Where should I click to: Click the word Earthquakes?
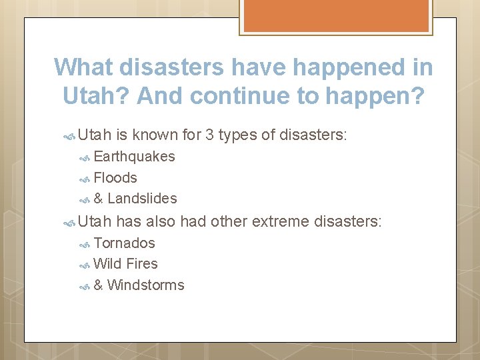(134, 157)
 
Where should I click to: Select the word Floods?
(115, 178)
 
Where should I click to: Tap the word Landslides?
(142, 199)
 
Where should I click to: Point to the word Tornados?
(124, 243)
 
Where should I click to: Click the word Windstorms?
(145, 285)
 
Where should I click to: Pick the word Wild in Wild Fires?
(108, 264)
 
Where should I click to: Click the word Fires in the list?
(141, 264)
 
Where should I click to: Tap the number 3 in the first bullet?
(209, 135)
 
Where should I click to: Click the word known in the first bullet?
(155, 135)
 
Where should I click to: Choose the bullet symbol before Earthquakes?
(84, 157)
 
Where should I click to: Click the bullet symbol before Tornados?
(84, 244)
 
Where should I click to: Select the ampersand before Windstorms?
(98, 285)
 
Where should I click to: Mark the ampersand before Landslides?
(98, 199)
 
